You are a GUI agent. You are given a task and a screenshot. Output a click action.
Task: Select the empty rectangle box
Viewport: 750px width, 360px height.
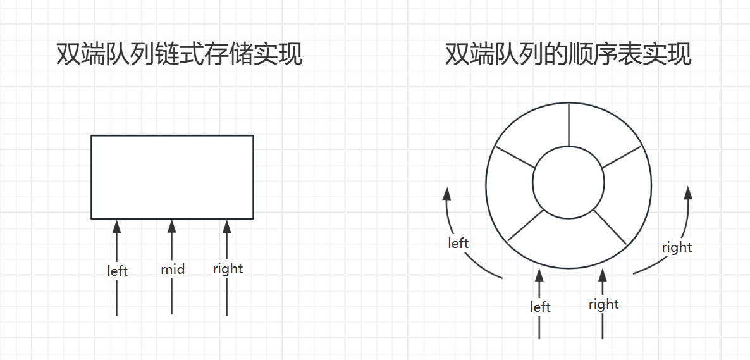[x=172, y=177]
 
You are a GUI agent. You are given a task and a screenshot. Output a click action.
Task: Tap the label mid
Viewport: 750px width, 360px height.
[x=172, y=270]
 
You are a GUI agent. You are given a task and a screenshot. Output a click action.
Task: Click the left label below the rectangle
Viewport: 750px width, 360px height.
[x=118, y=271]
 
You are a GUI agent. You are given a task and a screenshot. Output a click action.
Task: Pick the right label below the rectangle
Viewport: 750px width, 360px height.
[x=228, y=269]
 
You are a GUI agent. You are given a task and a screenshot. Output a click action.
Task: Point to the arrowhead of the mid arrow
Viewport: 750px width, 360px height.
[x=171, y=226]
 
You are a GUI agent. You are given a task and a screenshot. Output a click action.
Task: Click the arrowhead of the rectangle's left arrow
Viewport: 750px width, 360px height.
[x=116, y=226]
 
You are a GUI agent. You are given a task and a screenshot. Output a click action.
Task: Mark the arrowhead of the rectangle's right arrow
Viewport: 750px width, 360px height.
[x=226, y=226]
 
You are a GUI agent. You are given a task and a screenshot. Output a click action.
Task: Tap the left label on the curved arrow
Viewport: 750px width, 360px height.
[x=458, y=243]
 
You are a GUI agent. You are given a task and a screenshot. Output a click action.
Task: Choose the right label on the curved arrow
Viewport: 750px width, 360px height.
[x=677, y=247]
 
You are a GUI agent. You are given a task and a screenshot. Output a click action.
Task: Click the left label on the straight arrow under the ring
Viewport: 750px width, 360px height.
[x=540, y=307]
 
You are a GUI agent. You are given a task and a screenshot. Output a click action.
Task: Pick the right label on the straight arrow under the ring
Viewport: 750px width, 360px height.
[x=603, y=304]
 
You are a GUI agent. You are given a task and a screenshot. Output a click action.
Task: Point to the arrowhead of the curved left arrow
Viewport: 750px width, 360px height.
[x=448, y=194]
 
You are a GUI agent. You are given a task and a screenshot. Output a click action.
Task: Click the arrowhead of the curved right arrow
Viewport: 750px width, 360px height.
[x=689, y=193]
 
